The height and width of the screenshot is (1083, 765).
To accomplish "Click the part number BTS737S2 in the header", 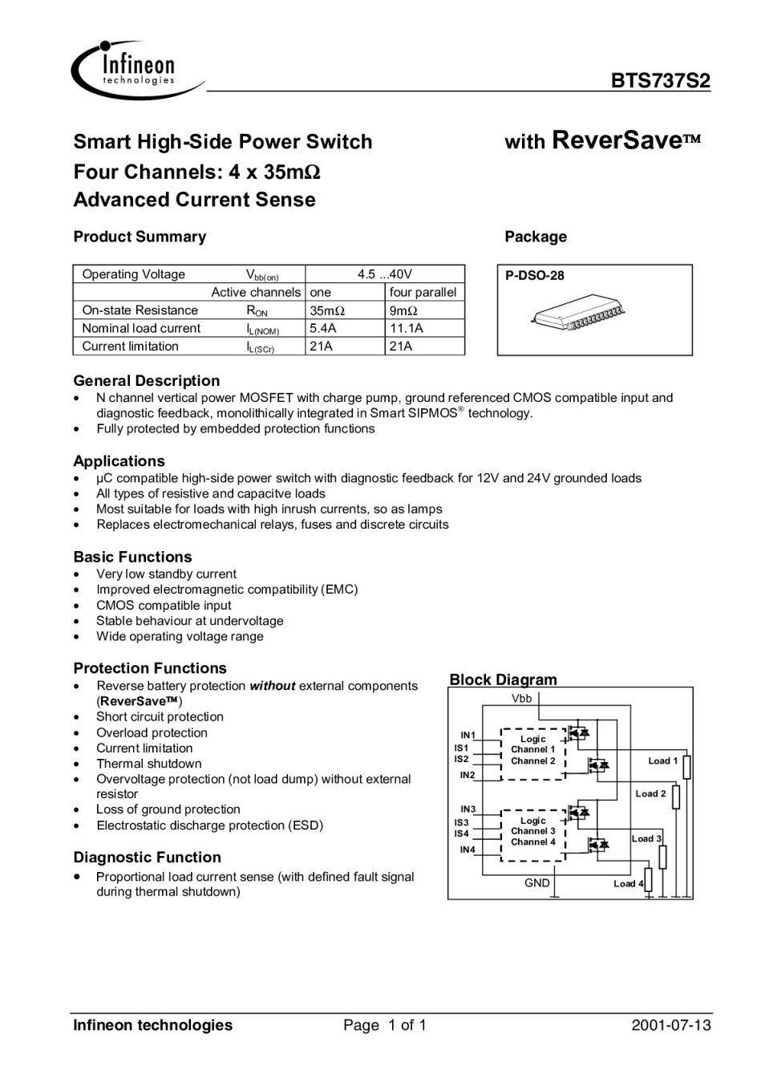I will coord(660,82).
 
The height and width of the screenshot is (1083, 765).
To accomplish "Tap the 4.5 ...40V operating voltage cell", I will coord(385,274).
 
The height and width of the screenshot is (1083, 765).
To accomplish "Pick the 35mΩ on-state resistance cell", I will coord(327,310).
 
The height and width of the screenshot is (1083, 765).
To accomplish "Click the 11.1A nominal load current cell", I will coord(407,328).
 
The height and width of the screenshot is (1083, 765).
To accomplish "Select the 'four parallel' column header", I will coord(423,292).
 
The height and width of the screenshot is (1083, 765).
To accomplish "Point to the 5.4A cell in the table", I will coord(323,328).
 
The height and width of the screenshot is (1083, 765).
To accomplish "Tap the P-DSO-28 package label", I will coord(535,276).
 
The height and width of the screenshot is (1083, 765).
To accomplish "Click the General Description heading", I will coord(146,381).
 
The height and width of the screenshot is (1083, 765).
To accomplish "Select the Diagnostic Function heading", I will coord(147,858).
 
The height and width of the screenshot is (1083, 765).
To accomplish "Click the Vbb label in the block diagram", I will coord(521,699).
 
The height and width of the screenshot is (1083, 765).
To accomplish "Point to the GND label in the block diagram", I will coord(536,883).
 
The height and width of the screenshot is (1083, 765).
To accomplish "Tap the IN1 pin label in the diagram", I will coord(467,735).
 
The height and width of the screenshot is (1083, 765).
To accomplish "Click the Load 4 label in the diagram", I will coord(628,884).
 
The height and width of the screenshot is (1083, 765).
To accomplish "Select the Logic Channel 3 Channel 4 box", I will coord(533,832).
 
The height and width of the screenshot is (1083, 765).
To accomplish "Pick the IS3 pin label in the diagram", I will coord(462,822).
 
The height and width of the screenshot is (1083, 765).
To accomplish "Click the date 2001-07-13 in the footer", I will coord(670,1025).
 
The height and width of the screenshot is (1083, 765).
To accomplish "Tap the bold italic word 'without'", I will coord(273,686).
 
